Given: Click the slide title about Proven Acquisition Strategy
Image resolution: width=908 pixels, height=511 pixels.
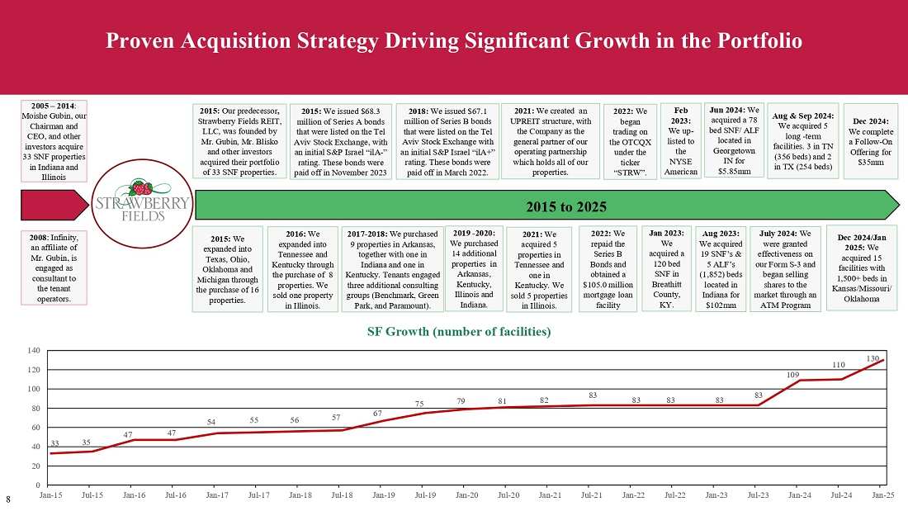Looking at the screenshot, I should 454,40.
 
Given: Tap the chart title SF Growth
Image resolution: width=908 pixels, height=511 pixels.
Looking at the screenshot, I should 458,332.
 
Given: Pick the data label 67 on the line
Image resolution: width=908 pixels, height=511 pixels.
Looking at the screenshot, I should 377,413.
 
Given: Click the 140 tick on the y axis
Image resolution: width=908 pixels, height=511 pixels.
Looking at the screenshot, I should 34,350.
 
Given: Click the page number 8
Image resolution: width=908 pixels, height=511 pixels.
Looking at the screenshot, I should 8,499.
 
